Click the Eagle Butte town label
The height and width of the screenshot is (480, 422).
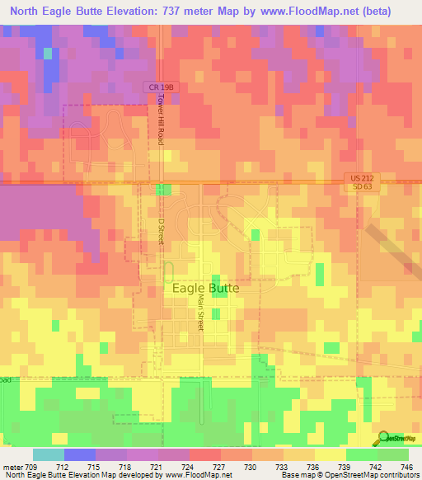pos(206,288)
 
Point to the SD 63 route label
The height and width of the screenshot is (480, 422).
pos(356,187)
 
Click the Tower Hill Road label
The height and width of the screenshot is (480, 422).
pos(162,120)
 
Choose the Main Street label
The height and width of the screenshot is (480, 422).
pos(199,313)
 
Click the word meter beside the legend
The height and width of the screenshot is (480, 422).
pos(12,467)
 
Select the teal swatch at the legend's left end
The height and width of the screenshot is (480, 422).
pos(49,454)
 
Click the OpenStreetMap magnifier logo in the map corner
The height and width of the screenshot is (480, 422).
pos(383,437)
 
